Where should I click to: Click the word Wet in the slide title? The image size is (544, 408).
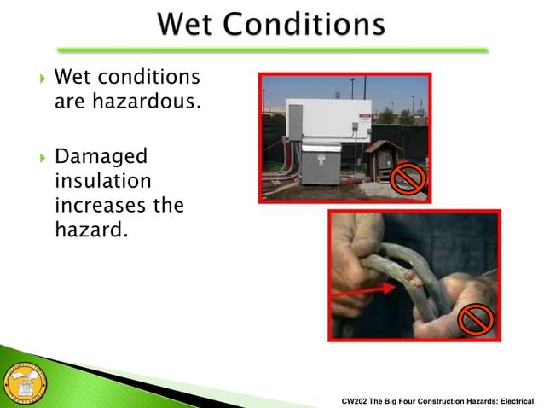pyautogui.click(x=195, y=26)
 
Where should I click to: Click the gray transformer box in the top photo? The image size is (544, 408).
pyautogui.click(x=321, y=162)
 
